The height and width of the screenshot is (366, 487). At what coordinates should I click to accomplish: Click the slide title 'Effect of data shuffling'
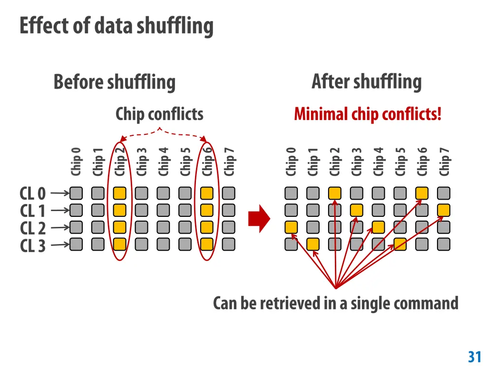pyautogui.click(x=117, y=26)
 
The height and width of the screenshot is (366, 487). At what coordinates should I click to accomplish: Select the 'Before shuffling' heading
pyautogui.click(x=114, y=82)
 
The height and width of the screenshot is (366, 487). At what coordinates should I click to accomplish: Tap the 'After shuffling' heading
pyautogui.click(x=366, y=82)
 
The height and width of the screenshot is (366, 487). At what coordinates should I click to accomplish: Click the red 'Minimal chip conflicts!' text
pyautogui.click(x=368, y=114)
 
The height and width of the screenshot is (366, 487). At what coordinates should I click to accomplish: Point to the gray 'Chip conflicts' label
pyautogui.click(x=159, y=114)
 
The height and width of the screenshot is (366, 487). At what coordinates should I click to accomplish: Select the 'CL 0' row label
pyautogui.click(x=33, y=194)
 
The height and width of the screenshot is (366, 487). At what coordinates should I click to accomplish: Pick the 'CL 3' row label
pyautogui.click(x=33, y=245)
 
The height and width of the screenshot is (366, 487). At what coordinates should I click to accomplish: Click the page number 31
pyautogui.click(x=475, y=356)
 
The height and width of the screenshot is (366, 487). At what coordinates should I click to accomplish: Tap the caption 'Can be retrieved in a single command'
pyautogui.click(x=335, y=303)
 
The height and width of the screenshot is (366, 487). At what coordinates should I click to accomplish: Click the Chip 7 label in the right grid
pyautogui.click(x=444, y=161)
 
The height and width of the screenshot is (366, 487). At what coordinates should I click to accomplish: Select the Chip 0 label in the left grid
pyautogui.click(x=76, y=161)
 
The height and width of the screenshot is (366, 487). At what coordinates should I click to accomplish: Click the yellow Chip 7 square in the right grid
pyautogui.click(x=444, y=210)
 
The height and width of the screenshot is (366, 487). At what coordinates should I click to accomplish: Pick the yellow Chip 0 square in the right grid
pyautogui.click(x=291, y=227)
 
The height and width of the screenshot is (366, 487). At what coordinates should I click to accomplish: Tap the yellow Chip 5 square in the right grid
pyautogui.click(x=400, y=244)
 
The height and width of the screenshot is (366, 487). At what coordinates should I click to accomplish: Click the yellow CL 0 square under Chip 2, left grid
pyautogui.click(x=120, y=193)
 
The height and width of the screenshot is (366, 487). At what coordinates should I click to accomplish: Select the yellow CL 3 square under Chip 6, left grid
pyautogui.click(x=206, y=244)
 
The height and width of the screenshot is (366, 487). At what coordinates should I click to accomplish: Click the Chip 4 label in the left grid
pyautogui.click(x=164, y=161)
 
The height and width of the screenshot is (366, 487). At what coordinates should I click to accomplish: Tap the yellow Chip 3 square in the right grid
pyautogui.click(x=357, y=210)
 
